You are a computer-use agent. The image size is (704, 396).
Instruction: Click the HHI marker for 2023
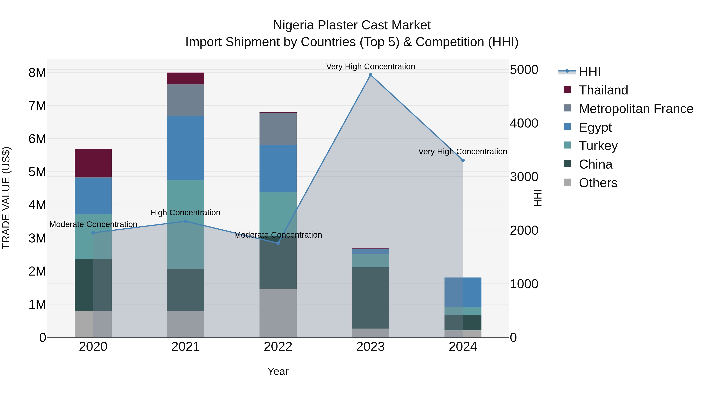pos(370,75)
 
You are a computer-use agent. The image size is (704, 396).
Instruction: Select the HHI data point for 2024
pos(463,160)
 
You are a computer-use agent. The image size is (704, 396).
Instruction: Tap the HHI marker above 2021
pos(186,221)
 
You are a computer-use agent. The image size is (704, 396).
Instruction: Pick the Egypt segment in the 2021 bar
pos(186,148)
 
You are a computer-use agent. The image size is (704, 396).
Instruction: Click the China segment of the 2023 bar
pos(370,298)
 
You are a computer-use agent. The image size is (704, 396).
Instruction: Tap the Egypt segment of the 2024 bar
pos(463,292)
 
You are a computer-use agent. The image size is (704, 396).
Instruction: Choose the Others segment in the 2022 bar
pos(278,313)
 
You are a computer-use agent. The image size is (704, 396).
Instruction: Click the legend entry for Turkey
pos(598,146)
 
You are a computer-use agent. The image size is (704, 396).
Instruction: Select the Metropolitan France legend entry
pos(636,109)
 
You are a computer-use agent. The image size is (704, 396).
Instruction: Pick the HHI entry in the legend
pos(589,72)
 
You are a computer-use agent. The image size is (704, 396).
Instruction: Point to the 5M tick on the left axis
pos(37,172)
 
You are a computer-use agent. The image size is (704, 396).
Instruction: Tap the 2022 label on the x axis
pos(278,347)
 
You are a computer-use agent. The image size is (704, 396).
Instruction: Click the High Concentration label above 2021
pos(185,212)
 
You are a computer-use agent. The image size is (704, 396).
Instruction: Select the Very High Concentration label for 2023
pos(370,66)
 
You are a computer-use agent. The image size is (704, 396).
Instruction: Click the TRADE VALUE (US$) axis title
pos(6,198)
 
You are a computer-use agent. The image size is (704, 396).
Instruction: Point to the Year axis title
pos(278,371)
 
